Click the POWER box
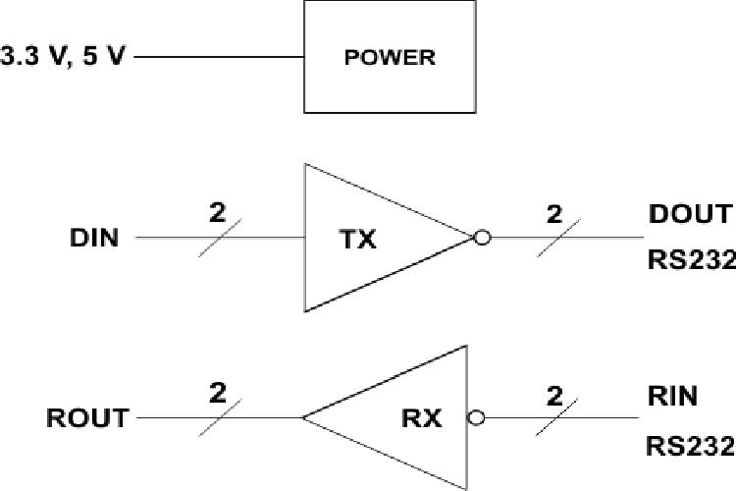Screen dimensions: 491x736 pyautogui.click(x=390, y=56)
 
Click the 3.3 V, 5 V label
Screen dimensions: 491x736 pyautogui.click(x=64, y=56)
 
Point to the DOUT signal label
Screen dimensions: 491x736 pyautogui.click(x=689, y=214)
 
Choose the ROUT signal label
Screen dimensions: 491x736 pyautogui.click(x=86, y=418)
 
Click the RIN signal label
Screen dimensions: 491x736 pyautogui.click(x=672, y=397)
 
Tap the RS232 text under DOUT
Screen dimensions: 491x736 pyautogui.click(x=690, y=261)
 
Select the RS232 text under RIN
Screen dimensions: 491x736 pyautogui.click(x=690, y=444)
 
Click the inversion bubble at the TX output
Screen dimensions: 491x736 pyautogui.click(x=482, y=238)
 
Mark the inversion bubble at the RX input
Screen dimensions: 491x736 pyautogui.click(x=477, y=418)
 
